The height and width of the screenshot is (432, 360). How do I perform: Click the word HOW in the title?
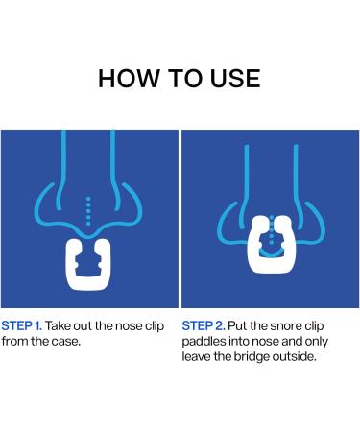click(x=129, y=79)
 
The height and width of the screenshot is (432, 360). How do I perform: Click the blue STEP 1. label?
click(x=21, y=326)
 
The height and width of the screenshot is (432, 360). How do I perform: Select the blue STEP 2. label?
click(x=204, y=326)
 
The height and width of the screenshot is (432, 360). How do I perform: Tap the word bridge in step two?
click(x=252, y=357)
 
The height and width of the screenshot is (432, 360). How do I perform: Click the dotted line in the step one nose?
click(x=88, y=211)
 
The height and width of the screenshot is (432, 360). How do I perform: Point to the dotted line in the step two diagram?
click(x=272, y=229)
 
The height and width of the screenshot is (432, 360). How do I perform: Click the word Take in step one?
click(x=59, y=326)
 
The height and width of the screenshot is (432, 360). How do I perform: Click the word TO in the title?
click(x=185, y=79)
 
